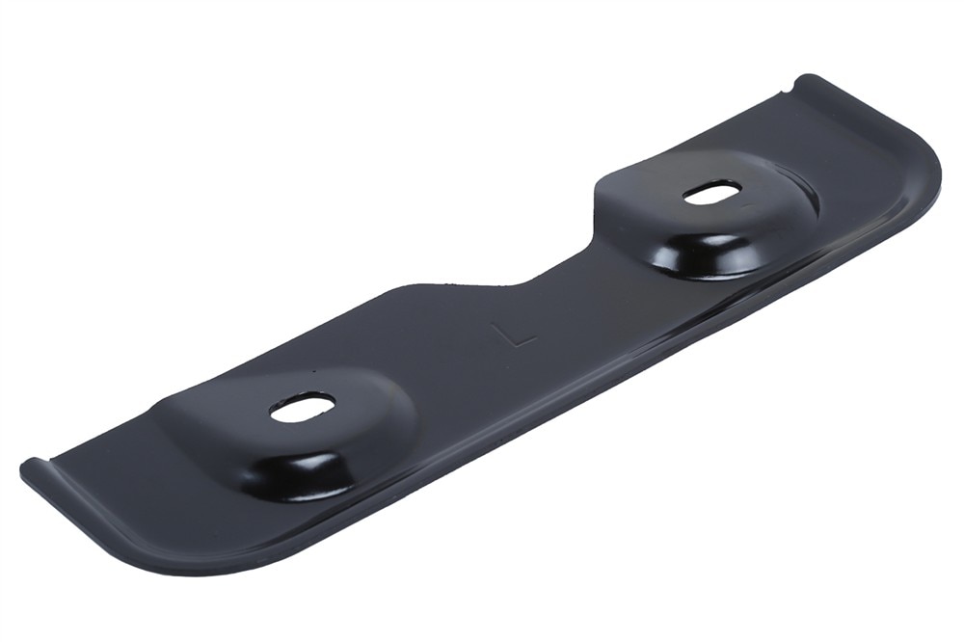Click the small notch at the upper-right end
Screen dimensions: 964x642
pyautogui.click(x=788, y=93)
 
